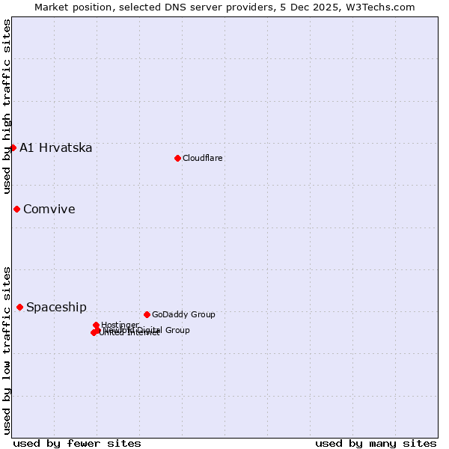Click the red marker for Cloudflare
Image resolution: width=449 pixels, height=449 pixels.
pos(177,158)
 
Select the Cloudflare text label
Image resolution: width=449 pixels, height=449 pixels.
pos(203,158)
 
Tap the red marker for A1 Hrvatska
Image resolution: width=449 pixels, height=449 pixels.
pos(13,147)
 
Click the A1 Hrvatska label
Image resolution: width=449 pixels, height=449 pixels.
pos(56,147)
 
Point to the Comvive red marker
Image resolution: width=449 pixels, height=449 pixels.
pos(16,209)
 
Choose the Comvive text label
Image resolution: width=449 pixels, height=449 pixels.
pos(49,209)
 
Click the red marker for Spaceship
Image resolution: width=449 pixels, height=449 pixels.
pos(19,307)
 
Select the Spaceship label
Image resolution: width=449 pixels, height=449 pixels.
pos(56,307)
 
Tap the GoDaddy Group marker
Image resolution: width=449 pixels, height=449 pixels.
pos(147,314)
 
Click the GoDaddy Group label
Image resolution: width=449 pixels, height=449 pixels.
pos(183,314)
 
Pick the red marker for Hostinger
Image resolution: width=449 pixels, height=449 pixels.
pos(96,325)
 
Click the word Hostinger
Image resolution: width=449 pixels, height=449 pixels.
pos(120,325)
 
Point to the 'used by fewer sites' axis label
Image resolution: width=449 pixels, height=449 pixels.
pos(77,443)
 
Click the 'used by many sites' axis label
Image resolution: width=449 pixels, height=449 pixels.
pos(376,443)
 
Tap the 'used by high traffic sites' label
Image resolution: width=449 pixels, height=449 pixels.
pos(7,106)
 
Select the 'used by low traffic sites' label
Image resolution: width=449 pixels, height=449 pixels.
pos(7,349)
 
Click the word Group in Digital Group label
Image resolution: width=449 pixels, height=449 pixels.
pos(177,330)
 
